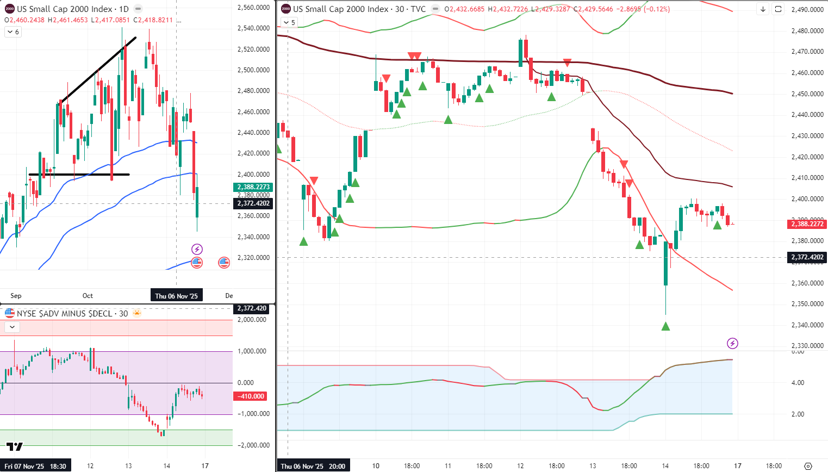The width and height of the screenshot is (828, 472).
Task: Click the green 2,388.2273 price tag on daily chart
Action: [253, 187]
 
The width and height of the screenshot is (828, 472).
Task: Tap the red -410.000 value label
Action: [251, 396]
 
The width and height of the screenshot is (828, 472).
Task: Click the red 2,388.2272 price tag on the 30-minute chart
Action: [807, 224]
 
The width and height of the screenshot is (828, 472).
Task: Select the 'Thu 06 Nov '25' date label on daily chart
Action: [176, 296]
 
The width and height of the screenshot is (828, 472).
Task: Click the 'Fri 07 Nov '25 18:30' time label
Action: [35, 466]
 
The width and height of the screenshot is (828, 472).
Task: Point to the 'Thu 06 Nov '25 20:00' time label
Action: [313, 466]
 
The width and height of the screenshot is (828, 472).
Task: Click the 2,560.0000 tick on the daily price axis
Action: [254, 8]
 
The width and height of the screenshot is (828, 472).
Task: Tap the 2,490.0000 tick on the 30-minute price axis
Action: [807, 10]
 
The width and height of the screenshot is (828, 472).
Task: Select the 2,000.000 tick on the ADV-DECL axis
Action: [252, 320]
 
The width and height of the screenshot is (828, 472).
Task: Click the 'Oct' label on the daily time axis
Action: [88, 296]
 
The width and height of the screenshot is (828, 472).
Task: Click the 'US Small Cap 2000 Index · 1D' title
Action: [72, 9]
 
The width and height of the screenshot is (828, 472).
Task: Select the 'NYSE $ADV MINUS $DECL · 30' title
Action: [72, 313]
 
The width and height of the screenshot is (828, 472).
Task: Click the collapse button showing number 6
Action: [13, 32]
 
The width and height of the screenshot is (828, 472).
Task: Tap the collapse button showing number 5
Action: [289, 22]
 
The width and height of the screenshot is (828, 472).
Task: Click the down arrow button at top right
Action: [763, 9]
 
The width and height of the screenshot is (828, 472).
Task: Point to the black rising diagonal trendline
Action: [98, 70]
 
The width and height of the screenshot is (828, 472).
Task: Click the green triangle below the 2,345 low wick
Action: [665, 326]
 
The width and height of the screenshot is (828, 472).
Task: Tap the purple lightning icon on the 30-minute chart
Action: [732, 343]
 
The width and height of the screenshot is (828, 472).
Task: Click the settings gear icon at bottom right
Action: [808, 466]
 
